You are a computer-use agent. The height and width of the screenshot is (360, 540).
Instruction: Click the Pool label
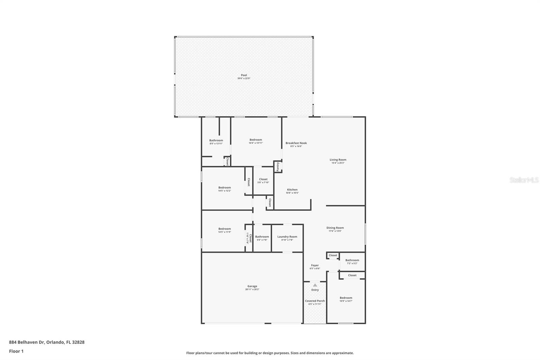click(244, 75)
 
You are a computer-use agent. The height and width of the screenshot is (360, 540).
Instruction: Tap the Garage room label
click(252, 286)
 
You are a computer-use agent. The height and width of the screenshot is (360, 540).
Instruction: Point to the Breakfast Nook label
click(296, 143)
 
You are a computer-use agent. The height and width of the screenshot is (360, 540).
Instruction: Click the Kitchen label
click(292, 190)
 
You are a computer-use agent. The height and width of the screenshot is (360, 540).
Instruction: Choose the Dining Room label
click(335, 228)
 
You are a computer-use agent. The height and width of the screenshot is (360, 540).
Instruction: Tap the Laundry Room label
click(287, 237)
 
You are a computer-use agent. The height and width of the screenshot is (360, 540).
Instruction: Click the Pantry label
click(278, 167)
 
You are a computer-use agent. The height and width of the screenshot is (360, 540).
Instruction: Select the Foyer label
click(315, 265)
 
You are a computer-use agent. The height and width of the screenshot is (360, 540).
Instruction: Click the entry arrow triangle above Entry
click(315, 285)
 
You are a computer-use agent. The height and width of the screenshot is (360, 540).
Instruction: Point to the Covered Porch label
click(315, 301)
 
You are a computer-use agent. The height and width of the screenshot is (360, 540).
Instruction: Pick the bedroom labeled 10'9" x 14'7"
click(346, 299)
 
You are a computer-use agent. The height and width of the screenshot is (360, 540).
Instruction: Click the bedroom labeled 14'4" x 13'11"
click(255, 141)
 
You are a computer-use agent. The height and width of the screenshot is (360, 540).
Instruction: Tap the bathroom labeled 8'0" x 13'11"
click(216, 142)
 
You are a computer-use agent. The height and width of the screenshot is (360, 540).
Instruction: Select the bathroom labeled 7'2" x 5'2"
click(352, 261)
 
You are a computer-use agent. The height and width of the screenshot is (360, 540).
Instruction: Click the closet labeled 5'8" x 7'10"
click(263, 180)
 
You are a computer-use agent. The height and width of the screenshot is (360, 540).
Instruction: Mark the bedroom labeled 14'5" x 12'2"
click(224, 189)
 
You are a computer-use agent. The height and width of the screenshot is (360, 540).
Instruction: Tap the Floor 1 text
click(16, 351)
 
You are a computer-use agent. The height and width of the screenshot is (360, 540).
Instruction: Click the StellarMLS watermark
click(524, 180)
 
